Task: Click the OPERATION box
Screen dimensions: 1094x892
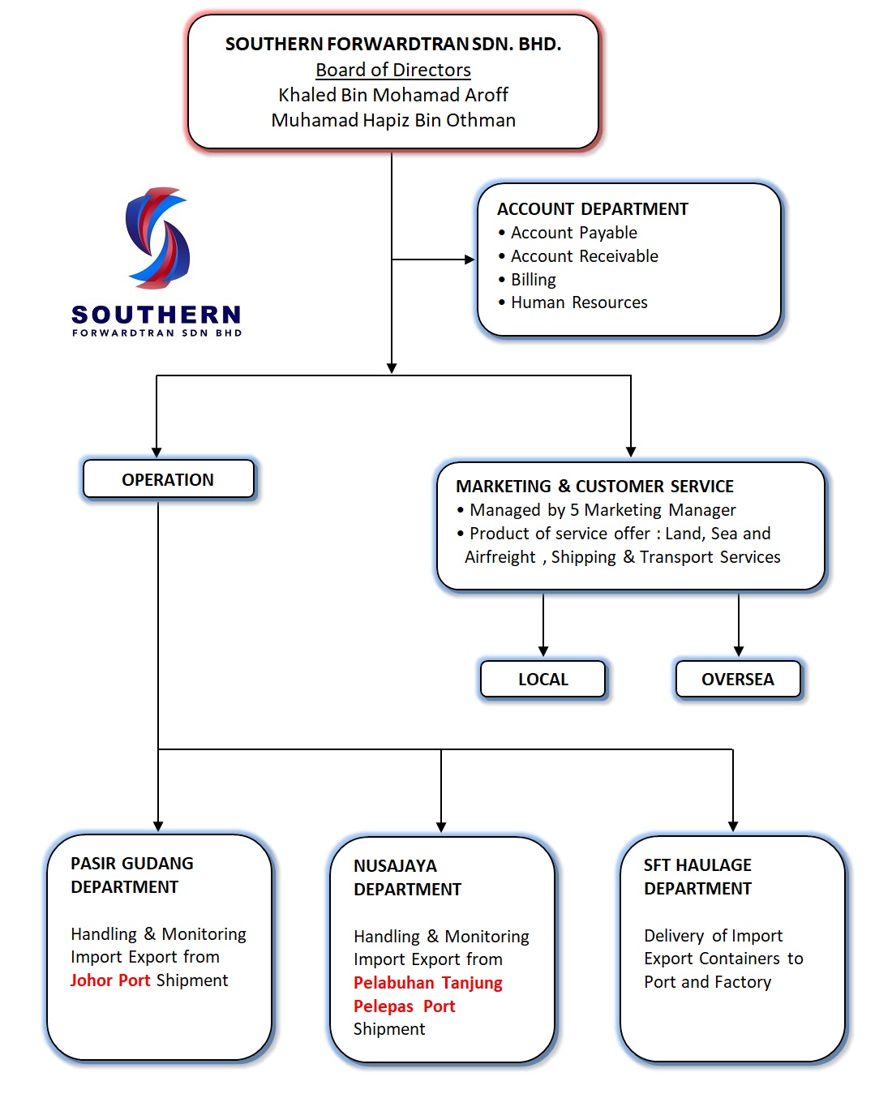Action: (x=168, y=479)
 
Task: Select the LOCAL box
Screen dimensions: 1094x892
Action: (x=542, y=679)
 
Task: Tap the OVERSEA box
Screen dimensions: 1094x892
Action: (x=737, y=679)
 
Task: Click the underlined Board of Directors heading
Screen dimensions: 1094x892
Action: (x=393, y=70)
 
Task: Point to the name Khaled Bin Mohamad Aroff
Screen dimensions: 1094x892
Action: (x=393, y=95)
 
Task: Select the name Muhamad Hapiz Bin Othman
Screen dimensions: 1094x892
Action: (x=393, y=120)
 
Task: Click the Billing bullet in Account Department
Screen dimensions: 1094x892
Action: (x=533, y=280)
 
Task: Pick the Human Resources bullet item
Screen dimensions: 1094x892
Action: (x=578, y=302)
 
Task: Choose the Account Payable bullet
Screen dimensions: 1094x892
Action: (x=573, y=233)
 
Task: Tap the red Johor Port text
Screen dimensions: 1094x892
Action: (x=110, y=980)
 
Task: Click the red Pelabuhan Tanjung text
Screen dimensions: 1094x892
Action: (x=428, y=983)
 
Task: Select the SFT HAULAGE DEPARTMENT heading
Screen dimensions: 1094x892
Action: (x=697, y=877)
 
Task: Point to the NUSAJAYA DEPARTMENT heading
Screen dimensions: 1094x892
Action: (x=407, y=877)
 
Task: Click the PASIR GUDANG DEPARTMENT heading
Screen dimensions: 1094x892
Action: (x=131, y=875)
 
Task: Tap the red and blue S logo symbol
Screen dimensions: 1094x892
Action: (x=157, y=238)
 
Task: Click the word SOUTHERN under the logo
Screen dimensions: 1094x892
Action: (x=157, y=314)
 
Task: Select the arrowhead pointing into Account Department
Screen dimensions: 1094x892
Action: (x=470, y=260)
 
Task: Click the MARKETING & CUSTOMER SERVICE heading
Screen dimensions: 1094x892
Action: (x=594, y=487)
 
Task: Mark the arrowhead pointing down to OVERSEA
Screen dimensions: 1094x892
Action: (x=739, y=651)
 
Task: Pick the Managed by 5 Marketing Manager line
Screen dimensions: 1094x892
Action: (x=603, y=510)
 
